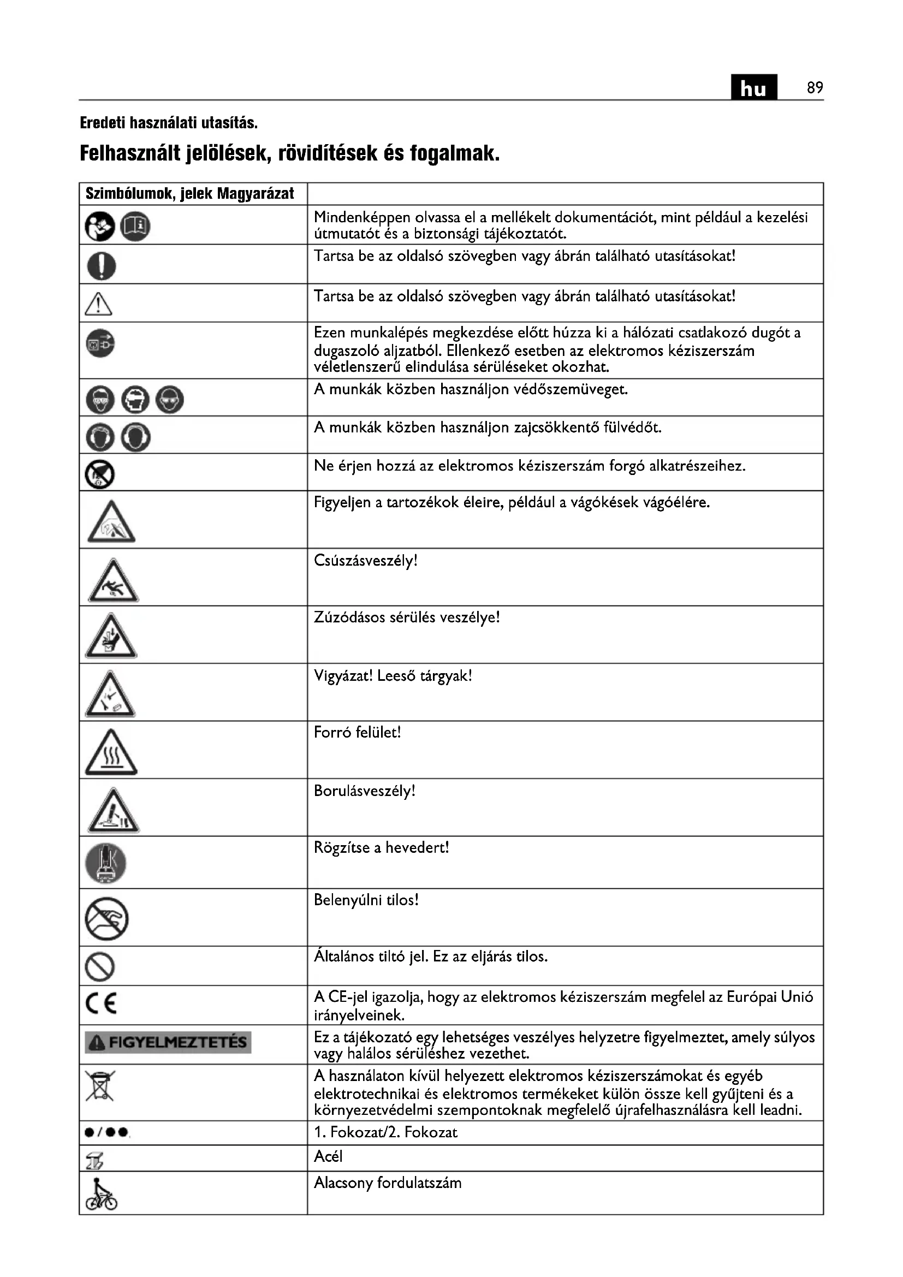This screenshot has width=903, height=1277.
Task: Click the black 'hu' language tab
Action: (x=753, y=88)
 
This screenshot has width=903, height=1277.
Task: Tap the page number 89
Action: (x=815, y=88)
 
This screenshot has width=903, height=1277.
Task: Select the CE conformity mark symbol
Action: (x=101, y=1003)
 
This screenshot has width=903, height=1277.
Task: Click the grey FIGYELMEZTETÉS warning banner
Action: (x=168, y=1042)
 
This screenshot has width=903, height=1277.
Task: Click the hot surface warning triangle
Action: (x=111, y=753)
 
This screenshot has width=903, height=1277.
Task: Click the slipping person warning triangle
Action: (x=113, y=582)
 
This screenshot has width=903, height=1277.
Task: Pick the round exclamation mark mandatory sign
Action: (x=101, y=265)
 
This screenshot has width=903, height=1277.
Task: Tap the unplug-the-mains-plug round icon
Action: (x=100, y=343)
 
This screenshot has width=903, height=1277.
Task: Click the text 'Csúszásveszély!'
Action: (x=365, y=561)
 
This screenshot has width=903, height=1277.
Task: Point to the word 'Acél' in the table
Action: (x=328, y=1157)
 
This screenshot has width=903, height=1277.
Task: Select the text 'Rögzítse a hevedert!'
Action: (x=381, y=848)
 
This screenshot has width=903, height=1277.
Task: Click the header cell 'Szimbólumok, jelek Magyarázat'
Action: (x=189, y=194)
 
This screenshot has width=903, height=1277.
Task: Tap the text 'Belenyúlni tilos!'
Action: (x=366, y=900)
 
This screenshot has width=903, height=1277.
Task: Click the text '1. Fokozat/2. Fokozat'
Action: (x=385, y=1132)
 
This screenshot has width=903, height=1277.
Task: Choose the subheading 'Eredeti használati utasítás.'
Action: (x=169, y=122)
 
